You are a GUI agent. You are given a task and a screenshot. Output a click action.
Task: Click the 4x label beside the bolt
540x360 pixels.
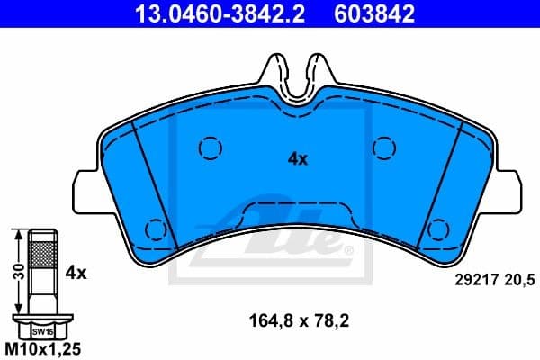tap(76, 270)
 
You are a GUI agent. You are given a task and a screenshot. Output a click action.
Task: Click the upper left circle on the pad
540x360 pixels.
tap(209, 146)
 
